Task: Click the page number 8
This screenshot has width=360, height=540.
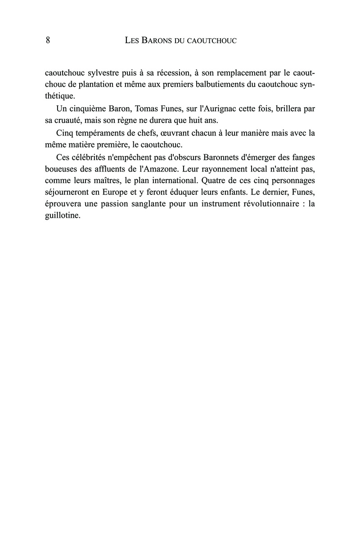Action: point(48,40)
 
